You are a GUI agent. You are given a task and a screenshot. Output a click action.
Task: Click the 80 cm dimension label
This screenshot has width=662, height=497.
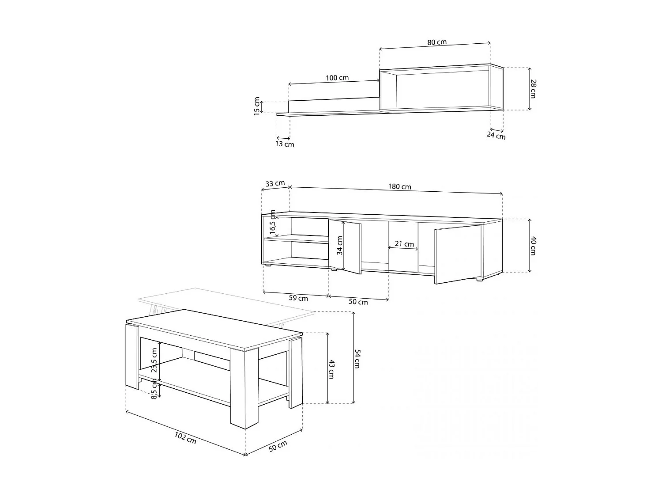tap(436, 42)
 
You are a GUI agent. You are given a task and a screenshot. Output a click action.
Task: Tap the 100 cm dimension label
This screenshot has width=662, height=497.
tap(337, 78)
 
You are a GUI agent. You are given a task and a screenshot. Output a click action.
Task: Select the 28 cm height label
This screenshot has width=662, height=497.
tap(533, 88)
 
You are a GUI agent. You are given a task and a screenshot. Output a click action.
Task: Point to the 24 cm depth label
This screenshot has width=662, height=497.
tap(496, 136)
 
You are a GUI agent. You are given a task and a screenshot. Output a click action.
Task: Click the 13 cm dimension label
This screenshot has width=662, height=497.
tap(285, 144)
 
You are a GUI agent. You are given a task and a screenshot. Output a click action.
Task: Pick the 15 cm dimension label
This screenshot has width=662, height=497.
tap(257, 106)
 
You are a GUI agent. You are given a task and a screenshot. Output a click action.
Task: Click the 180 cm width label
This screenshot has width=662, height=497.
tap(400, 186)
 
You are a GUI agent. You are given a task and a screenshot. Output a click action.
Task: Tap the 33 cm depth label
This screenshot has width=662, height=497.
tap(275, 183)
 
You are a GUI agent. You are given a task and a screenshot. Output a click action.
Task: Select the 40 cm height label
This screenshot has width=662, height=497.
tap(533, 246)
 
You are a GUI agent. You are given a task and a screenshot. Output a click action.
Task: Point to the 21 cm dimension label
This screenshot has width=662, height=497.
tap(405, 244)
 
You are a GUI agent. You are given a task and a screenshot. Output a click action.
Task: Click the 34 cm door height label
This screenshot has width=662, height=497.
tap(339, 246)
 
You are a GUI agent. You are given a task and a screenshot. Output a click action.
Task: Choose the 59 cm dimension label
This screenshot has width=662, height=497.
tap(298, 298)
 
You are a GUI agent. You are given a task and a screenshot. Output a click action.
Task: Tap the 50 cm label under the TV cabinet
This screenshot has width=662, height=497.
tap(358, 302)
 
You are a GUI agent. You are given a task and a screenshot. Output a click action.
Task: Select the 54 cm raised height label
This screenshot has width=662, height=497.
tap(357, 358)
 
